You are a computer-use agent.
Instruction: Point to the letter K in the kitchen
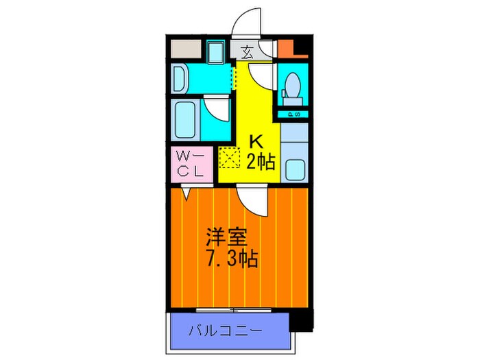255,142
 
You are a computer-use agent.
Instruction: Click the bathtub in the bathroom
187,120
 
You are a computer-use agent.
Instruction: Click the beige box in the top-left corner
185,49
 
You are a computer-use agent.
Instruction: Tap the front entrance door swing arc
245,23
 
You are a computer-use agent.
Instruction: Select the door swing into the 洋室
251,200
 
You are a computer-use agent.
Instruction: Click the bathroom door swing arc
218,108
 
